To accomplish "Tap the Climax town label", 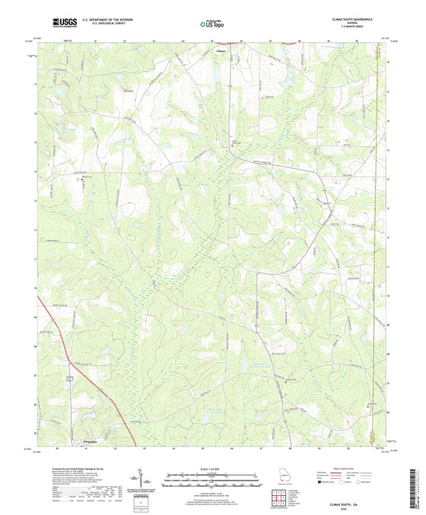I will (221, 50).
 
